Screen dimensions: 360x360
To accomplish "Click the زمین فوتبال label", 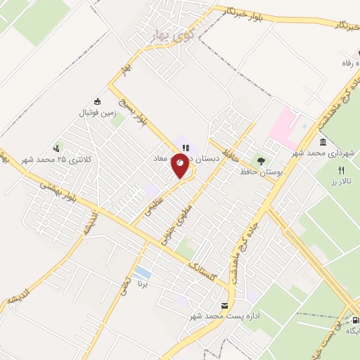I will (x=96, y=112).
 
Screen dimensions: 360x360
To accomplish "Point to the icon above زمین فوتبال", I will (x=96, y=101).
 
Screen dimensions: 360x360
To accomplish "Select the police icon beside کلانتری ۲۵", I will (x=56, y=148).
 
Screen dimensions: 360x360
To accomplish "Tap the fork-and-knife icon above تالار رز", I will (x=342, y=169).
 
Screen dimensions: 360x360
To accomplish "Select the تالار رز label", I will (x=342, y=181).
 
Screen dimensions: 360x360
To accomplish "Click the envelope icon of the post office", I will (x=224, y=306).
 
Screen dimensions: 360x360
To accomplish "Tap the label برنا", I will (x=143, y=287).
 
